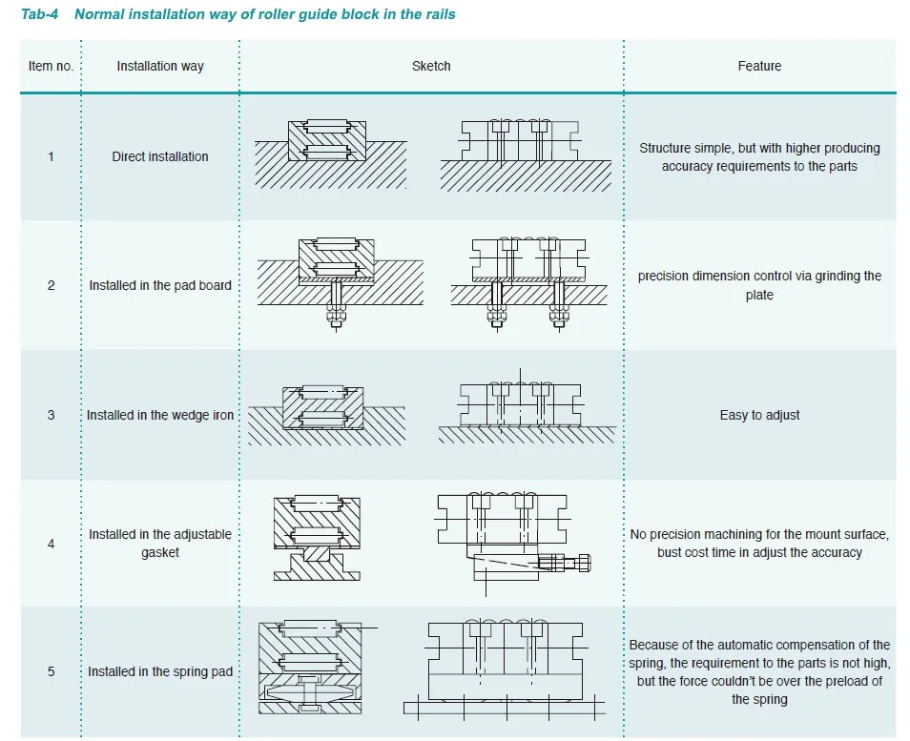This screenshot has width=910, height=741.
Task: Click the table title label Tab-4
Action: [x=41, y=14]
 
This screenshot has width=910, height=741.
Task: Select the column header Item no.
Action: [x=51, y=67]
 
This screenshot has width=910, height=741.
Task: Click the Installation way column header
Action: [x=160, y=67]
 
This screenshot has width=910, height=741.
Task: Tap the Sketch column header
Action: [x=431, y=67]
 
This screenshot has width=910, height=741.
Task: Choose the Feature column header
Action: [x=759, y=67]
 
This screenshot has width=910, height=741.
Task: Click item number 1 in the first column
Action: [x=52, y=156]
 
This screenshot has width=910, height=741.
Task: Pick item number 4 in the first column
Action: [x=52, y=544]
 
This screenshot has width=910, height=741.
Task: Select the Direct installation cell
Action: [x=160, y=156]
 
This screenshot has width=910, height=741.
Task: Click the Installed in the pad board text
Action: [x=160, y=285]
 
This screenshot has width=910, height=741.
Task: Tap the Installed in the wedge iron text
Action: [x=160, y=415]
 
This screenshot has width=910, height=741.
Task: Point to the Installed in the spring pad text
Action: [x=160, y=671]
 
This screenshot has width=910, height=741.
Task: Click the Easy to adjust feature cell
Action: [x=759, y=415]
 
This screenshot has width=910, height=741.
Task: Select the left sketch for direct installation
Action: [x=330, y=152]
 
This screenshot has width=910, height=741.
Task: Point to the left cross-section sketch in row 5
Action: [x=309, y=668]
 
